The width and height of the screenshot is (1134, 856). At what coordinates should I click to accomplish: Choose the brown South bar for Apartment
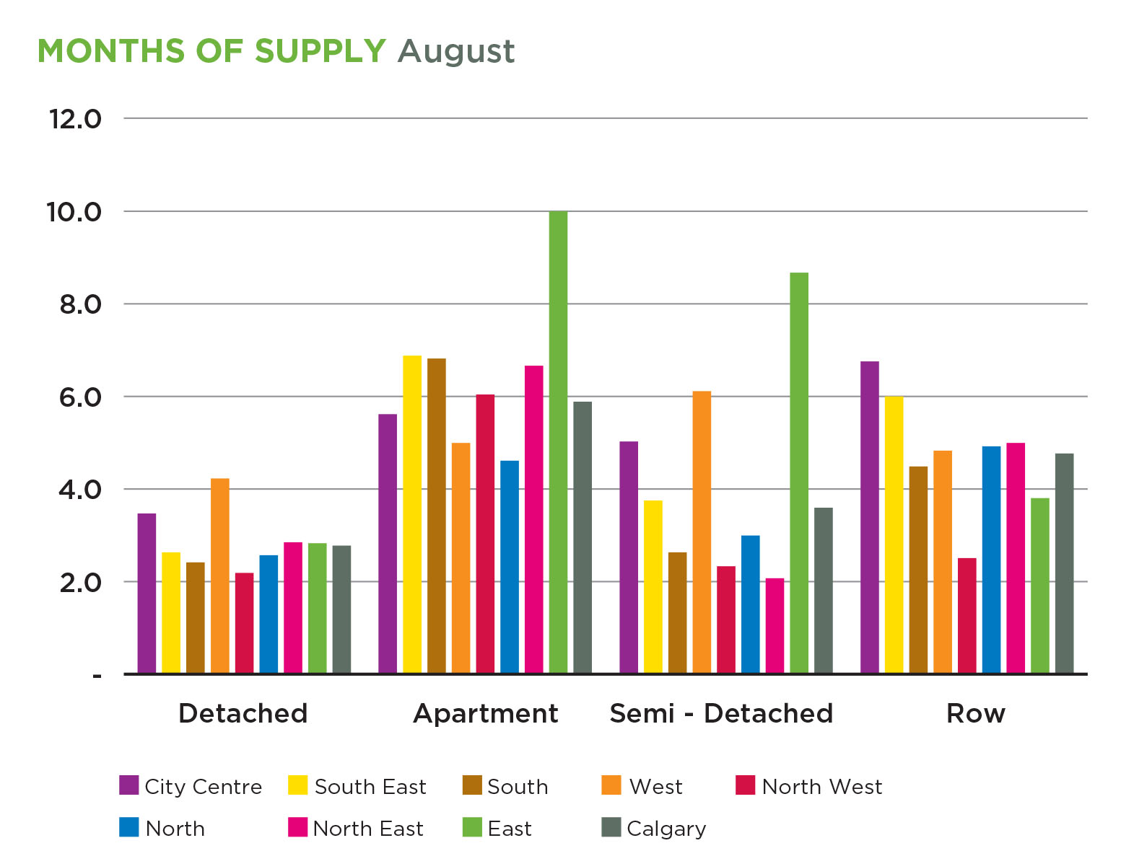coord(437,516)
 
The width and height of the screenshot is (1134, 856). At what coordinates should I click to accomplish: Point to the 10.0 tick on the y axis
coord(74,212)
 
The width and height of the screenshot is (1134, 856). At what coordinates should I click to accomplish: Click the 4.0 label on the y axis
coord(80,490)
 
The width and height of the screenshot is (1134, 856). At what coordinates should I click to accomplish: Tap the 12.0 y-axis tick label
coord(75,119)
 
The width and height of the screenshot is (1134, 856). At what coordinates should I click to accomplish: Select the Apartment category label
coord(485,713)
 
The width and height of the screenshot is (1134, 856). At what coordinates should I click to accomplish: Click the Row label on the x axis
coord(975,713)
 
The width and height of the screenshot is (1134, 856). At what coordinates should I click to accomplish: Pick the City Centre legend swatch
coord(128,785)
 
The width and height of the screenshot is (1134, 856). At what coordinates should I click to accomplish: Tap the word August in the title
coord(455,52)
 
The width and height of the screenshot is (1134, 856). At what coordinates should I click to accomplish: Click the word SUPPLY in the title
coord(320,51)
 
